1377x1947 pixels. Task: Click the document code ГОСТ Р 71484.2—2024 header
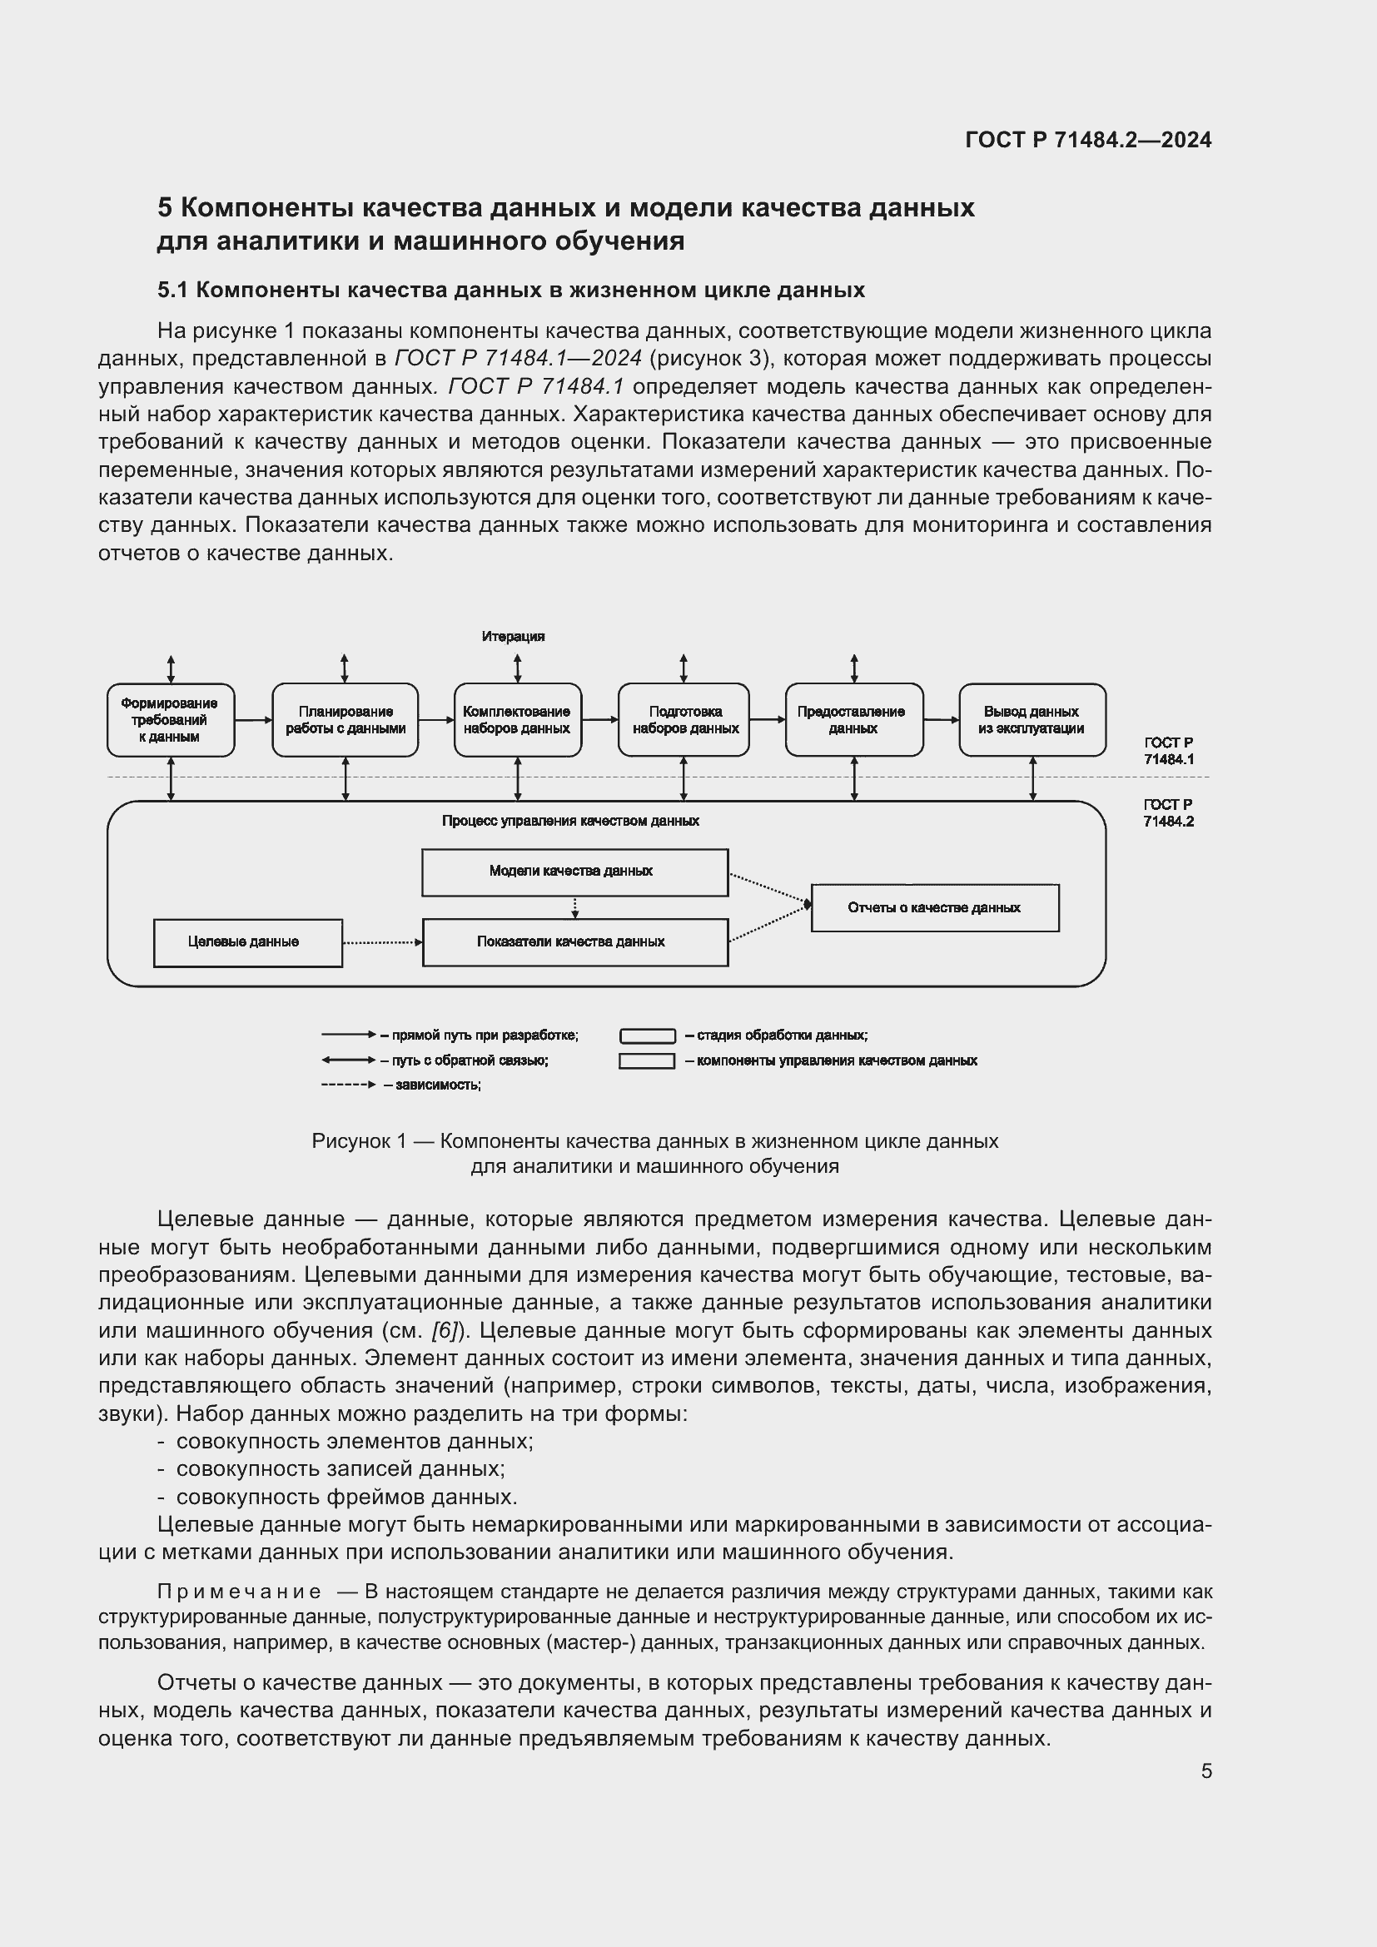(x=1088, y=140)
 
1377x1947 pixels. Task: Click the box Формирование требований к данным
(x=170, y=720)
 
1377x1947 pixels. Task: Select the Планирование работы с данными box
(x=345, y=720)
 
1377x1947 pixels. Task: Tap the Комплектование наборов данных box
(x=516, y=720)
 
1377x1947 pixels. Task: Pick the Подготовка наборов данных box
(x=684, y=720)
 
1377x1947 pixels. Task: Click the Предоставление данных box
(x=853, y=720)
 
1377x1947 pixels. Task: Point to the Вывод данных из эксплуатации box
(x=1031, y=720)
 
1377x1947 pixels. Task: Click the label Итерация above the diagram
(x=513, y=637)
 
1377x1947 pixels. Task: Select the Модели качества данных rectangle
(x=574, y=872)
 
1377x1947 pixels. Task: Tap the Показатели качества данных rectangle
(x=574, y=942)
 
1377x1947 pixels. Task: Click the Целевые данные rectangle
(x=246, y=942)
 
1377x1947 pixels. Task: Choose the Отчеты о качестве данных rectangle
(x=934, y=908)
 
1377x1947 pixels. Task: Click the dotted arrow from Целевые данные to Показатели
(x=381, y=942)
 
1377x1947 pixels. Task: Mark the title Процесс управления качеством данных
(x=569, y=821)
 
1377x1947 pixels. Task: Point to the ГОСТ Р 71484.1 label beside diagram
(x=1167, y=752)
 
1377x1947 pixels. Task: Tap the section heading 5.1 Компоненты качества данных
(x=510, y=290)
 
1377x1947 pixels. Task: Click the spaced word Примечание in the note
(x=239, y=1592)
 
